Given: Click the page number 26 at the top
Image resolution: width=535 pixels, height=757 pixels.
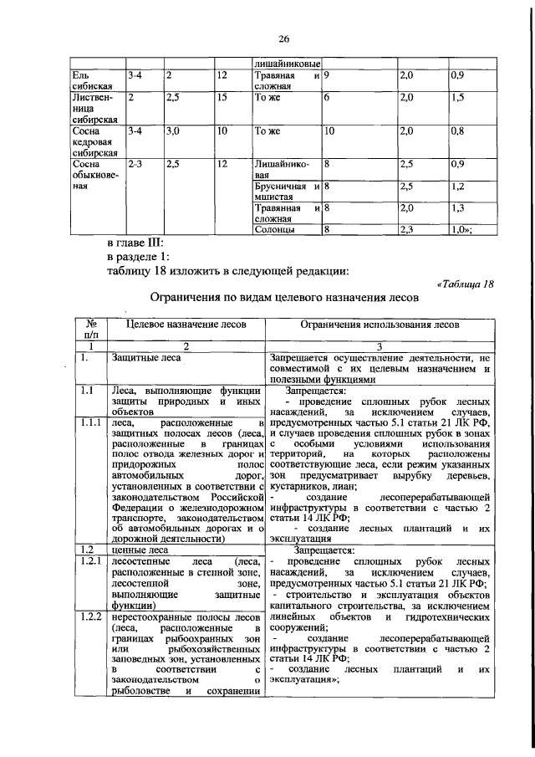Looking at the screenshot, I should click(x=283, y=38).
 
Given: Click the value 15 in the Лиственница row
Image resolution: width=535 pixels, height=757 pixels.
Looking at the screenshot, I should click(x=222, y=98).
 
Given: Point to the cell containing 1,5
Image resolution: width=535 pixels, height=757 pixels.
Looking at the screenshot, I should click(x=456, y=98).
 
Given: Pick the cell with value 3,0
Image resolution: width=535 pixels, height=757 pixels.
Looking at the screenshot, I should click(x=173, y=131).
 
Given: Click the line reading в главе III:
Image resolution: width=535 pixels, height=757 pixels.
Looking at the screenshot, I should click(x=139, y=243).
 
